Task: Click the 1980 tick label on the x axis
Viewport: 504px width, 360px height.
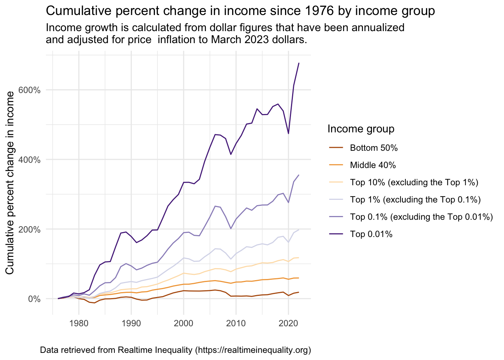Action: click(79, 323)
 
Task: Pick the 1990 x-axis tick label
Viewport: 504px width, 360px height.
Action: click(131, 323)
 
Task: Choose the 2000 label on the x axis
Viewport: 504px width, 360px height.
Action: click(183, 323)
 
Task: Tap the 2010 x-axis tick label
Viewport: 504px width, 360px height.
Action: click(236, 323)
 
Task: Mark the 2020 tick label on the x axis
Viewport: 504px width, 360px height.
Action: click(288, 323)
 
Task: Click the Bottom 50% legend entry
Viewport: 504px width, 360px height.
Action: click(373, 148)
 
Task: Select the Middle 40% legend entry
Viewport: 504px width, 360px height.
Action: click(373, 165)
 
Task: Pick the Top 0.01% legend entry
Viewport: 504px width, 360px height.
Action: click(371, 234)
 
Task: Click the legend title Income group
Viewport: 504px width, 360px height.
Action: click(361, 129)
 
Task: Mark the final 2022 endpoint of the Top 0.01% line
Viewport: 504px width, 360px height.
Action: click(299, 63)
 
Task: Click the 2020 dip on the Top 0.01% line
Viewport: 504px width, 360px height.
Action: click(288, 133)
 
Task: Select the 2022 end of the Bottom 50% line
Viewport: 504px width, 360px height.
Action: click(299, 292)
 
